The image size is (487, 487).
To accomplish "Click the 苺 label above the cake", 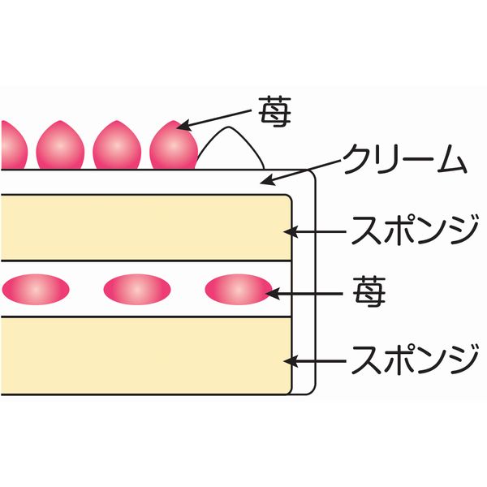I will (275, 112).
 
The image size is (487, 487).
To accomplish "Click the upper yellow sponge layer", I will (146, 227).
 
